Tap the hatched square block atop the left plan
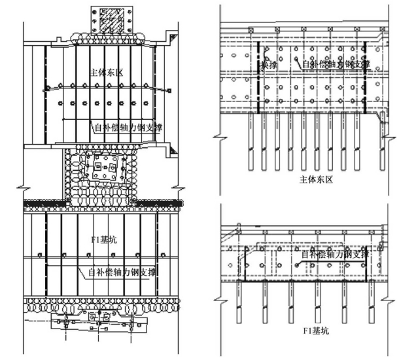(x=105, y=18)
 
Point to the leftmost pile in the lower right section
(x=238, y=300)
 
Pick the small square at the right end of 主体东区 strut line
(x=169, y=89)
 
